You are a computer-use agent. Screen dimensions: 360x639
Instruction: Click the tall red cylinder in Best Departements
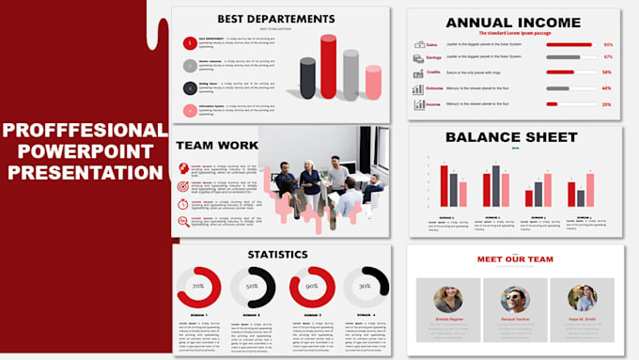coord(328,68)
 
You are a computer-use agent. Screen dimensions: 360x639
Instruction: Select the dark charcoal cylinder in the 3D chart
coord(306,78)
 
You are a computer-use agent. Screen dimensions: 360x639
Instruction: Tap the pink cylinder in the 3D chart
coord(373,83)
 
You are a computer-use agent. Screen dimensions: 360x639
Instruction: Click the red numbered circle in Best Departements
coord(189,42)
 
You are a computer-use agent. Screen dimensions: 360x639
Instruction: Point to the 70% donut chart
coord(198,286)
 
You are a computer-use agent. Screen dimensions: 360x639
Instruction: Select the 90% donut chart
coord(310,286)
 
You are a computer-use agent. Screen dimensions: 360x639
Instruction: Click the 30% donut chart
coord(365,286)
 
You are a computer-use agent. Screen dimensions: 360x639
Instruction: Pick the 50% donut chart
coord(253,286)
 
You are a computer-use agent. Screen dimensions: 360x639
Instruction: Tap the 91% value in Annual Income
coord(607,44)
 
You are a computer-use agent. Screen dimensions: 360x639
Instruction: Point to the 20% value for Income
coord(607,104)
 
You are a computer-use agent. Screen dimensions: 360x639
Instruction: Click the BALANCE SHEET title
coord(512,137)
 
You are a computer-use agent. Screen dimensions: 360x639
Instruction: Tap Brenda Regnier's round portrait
coord(448,299)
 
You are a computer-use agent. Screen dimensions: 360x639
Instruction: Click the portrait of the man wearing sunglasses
coord(515,299)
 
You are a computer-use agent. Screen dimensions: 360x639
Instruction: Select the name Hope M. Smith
coord(582,320)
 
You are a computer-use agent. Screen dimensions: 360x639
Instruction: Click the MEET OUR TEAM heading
coord(515,259)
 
